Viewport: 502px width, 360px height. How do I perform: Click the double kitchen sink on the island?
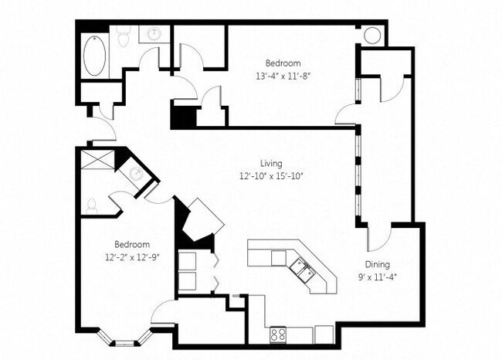tap(301, 268)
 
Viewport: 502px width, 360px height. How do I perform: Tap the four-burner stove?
tap(279, 335)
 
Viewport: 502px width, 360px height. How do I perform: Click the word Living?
tap(270, 164)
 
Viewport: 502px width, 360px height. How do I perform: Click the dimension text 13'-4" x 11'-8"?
tap(283, 76)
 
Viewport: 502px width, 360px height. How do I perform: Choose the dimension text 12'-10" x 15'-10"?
tap(270, 176)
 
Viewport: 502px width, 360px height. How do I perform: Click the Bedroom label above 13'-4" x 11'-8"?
tap(283, 63)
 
